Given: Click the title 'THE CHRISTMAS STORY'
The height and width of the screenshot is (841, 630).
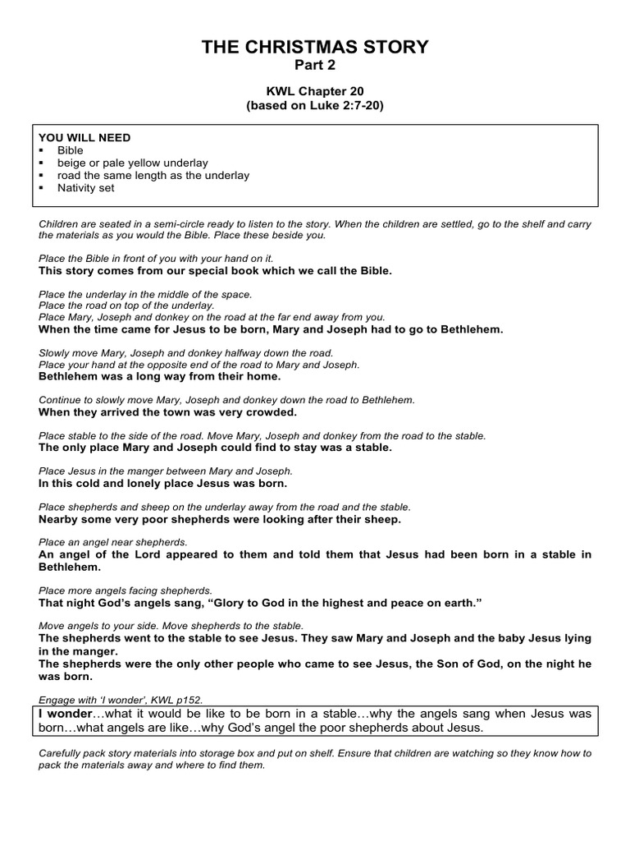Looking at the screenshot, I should tap(315, 48).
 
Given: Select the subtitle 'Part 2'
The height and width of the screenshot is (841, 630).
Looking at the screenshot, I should tap(315, 66).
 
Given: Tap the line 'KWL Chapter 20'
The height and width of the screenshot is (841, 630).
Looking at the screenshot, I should tap(315, 93).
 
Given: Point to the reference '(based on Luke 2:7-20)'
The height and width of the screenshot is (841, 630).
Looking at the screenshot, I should tap(315, 107).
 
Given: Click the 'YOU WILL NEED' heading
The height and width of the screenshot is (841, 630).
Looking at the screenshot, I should tap(84, 138).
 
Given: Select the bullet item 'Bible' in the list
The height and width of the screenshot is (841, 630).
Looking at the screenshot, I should tap(70, 150).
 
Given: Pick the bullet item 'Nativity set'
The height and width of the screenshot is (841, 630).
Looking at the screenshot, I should tap(86, 187).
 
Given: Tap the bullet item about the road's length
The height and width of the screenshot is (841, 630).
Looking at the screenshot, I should tap(153, 175).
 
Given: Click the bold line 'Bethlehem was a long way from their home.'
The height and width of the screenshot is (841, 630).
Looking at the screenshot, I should tap(160, 377).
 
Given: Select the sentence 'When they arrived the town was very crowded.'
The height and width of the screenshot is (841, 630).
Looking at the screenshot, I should tap(168, 412).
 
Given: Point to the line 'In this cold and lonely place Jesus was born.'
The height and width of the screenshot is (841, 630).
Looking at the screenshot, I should tap(162, 484).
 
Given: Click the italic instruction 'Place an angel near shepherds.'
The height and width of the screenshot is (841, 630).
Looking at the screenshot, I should tap(113, 543).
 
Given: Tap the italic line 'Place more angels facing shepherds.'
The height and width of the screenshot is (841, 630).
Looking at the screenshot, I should tap(126, 591).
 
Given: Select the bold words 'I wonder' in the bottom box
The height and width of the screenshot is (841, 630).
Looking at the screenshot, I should tap(66, 715).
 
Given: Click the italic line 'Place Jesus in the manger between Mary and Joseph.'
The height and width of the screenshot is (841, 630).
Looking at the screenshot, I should tap(166, 472).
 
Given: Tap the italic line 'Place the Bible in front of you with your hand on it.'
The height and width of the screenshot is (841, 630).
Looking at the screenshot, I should tap(156, 258).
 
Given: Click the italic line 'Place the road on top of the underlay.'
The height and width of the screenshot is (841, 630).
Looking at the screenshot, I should tap(126, 305).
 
